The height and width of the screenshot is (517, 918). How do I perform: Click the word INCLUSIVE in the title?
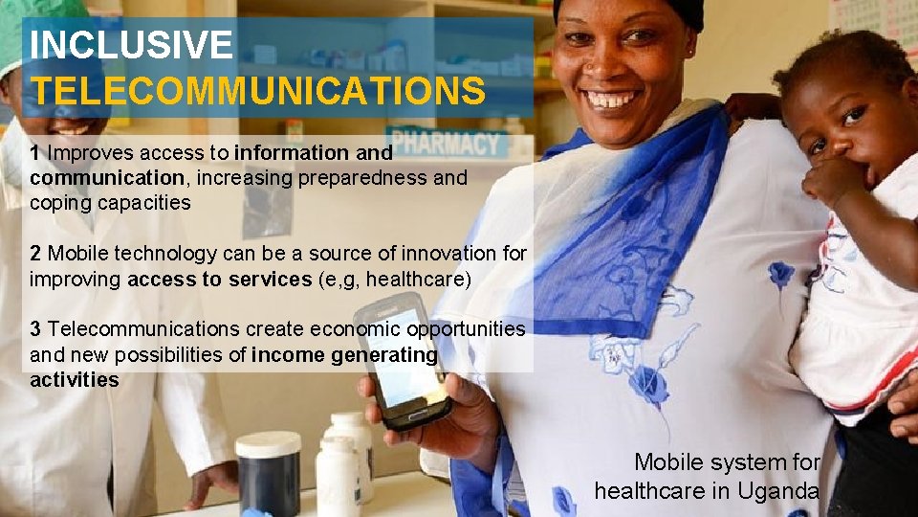[x=131, y=45]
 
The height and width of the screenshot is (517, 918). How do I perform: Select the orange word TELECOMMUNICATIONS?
[x=257, y=92]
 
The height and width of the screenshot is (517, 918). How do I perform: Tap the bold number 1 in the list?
[x=34, y=152]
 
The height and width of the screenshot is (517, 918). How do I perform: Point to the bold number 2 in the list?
[x=35, y=254]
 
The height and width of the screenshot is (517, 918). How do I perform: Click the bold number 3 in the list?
[x=35, y=329]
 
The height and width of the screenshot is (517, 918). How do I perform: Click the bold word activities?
[x=75, y=379]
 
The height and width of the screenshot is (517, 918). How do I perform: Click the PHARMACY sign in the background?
[x=446, y=145]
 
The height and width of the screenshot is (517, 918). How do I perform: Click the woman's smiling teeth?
[x=612, y=99]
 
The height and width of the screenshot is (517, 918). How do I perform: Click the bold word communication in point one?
[x=106, y=178]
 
